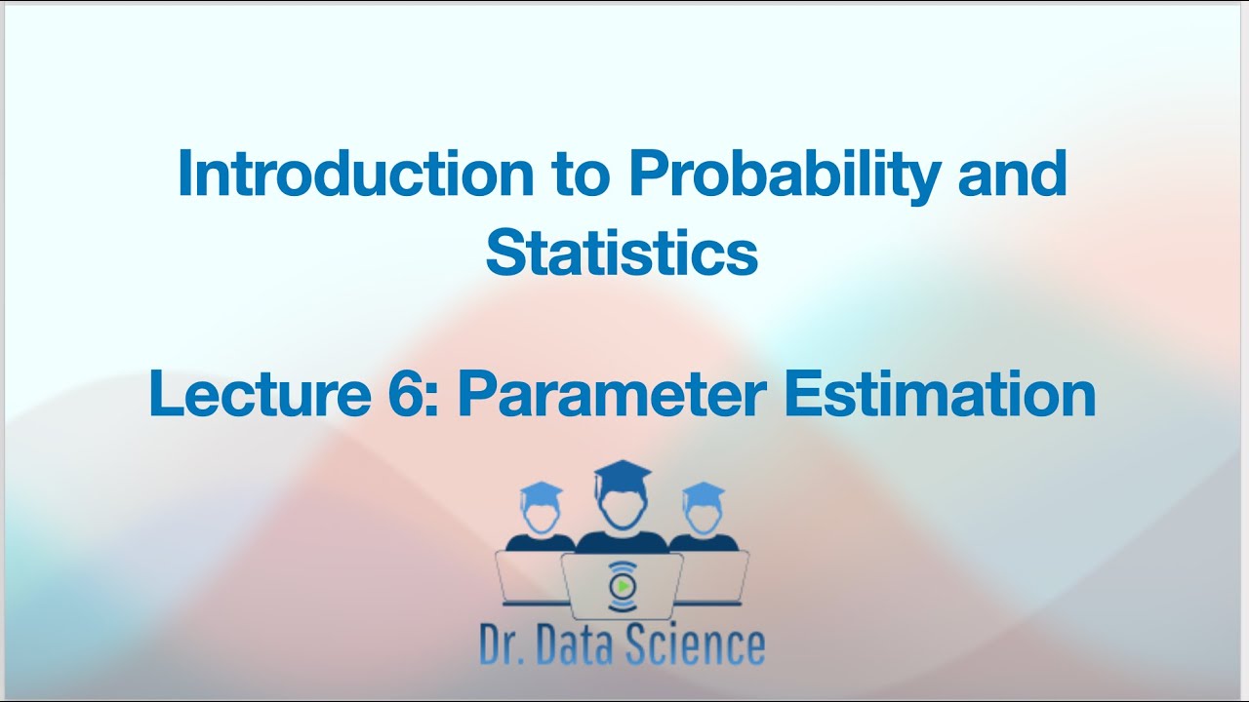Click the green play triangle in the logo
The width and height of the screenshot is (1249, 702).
(x=622, y=585)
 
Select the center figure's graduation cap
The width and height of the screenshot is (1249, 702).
(x=623, y=476)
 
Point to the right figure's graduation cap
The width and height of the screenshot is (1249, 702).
(x=703, y=492)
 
